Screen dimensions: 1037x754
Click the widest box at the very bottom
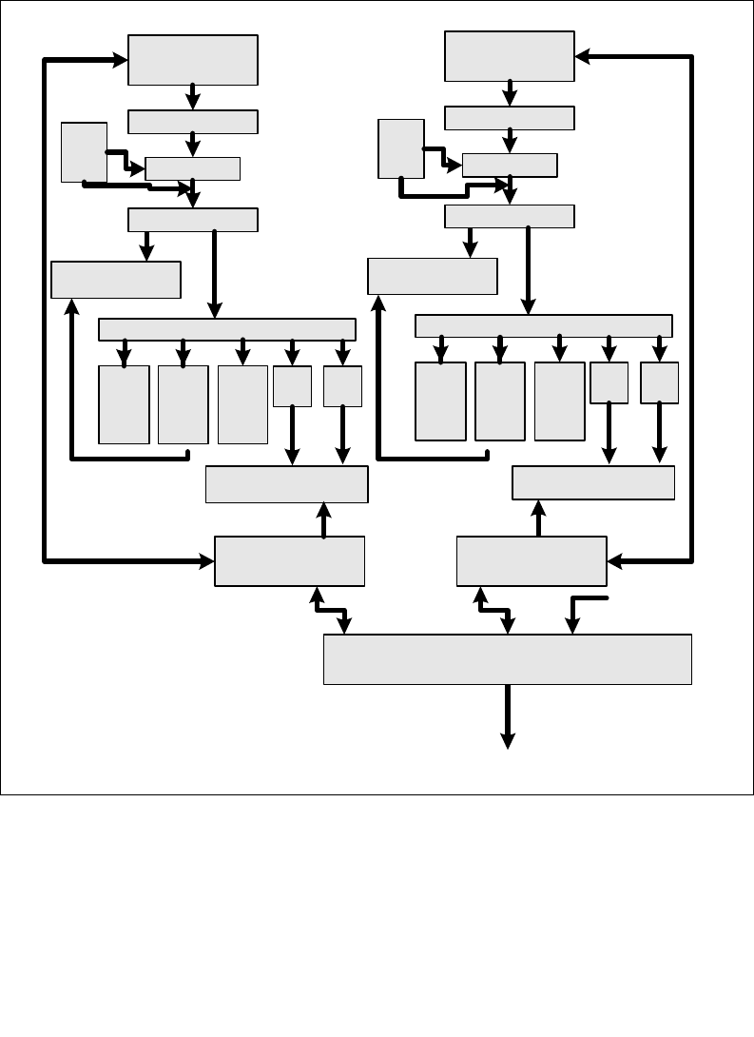pyautogui.click(x=507, y=659)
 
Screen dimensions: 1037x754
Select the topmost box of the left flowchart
pyautogui.click(x=193, y=60)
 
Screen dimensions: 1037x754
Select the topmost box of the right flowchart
pyautogui.click(x=510, y=56)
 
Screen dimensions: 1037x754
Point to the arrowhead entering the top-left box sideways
pyautogui.click(x=121, y=60)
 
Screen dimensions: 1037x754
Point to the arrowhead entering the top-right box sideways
pyautogui.click(x=583, y=56)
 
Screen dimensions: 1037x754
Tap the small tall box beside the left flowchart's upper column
pyautogui.click(x=84, y=151)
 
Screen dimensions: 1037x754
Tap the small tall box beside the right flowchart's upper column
pyautogui.click(x=400, y=148)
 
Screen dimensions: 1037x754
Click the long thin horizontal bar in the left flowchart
pyautogui.click(x=227, y=329)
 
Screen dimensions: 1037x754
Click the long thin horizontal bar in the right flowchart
pyautogui.click(x=544, y=325)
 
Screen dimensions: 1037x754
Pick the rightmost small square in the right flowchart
pyautogui.click(x=659, y=382)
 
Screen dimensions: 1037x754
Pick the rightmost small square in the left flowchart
pyautogui.click(x=342, y=386)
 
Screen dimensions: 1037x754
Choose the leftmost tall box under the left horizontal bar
pyautogui.click(x=124, y=404)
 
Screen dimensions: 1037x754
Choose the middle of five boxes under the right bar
pyautogui.click(x=559, y=401)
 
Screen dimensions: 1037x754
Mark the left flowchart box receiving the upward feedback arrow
pyautogui.click(x=115, y=280)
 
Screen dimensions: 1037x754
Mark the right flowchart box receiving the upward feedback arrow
pyautogui.click(x=433, y=277)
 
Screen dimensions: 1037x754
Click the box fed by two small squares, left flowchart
pyautogui.click(x=286, y=484)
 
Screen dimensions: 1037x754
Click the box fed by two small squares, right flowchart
pyautogui.click(x=593, y=482)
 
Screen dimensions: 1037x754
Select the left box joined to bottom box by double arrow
pyautogui.click(x=290, y=561)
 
